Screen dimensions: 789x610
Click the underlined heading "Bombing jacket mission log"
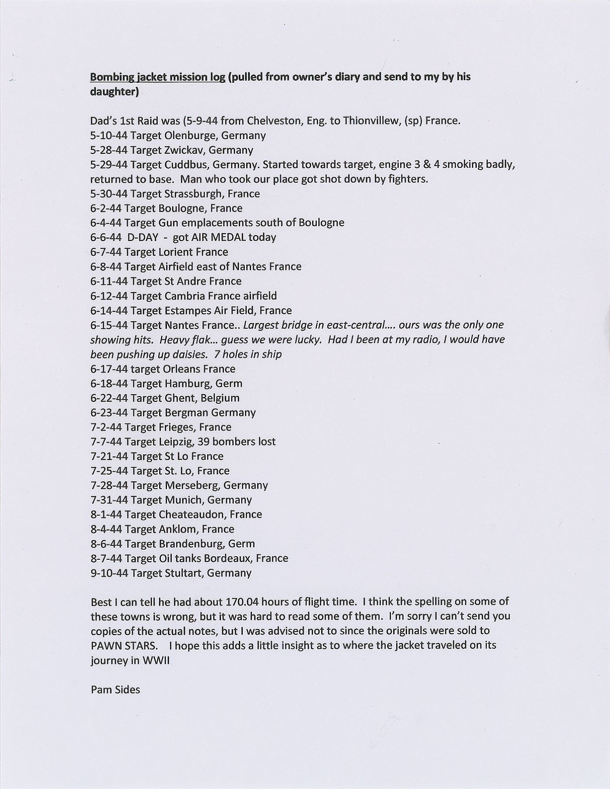[x=158, y=77]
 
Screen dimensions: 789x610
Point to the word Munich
[x=183, y=500]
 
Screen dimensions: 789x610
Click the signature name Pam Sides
[x=115, y=689]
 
